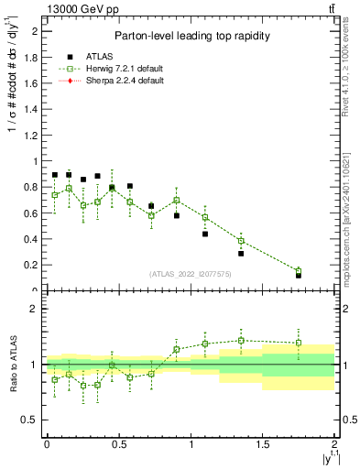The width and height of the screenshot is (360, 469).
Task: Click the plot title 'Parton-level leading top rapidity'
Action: click(191, 36)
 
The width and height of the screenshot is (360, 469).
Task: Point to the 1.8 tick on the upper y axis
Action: click(34, 57)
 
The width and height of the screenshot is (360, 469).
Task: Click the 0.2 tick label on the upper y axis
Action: click(34, 266)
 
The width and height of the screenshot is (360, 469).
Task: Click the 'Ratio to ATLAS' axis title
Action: click(13, 364)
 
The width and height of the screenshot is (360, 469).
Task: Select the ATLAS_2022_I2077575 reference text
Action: click(191, 274)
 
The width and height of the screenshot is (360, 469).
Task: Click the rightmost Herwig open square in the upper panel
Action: click(299, 271)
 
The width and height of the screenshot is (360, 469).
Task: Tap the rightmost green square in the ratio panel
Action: click(299, 344)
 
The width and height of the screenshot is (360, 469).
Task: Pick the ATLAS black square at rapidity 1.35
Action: click(241, 253)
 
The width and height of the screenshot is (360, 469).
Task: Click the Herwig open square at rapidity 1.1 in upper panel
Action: click(205, 217)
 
